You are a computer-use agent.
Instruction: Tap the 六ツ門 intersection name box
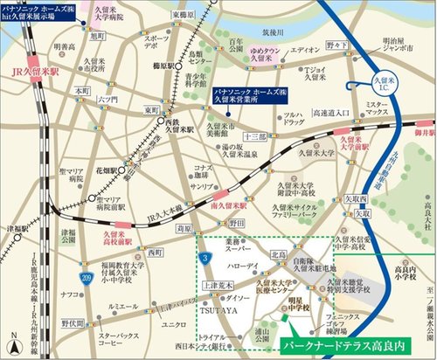108,100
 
